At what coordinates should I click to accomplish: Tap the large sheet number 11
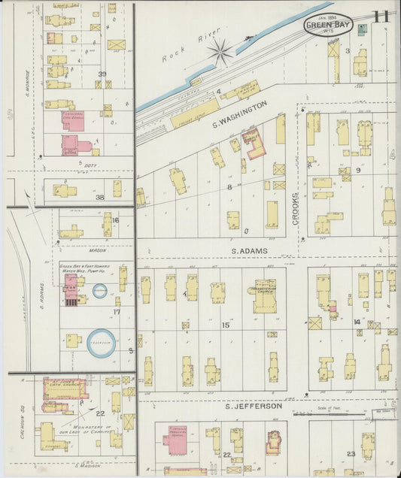381,17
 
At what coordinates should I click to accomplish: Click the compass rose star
220,52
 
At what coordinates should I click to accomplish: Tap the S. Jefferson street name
253,407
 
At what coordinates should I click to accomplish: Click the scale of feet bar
324,413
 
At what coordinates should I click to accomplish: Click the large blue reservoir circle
102,343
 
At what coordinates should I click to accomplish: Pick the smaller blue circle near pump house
99,291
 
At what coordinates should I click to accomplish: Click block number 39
102,74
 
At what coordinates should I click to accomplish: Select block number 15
225,325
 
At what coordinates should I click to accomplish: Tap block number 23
351,453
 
